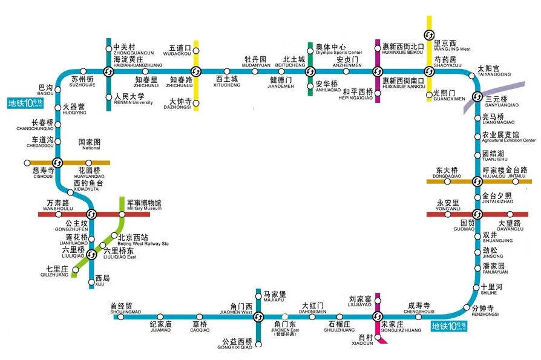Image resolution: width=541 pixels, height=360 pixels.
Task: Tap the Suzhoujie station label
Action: point(82,81)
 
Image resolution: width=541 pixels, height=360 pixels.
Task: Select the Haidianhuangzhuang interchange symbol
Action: point(108,71)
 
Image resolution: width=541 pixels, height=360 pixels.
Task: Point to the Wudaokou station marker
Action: point(195,50)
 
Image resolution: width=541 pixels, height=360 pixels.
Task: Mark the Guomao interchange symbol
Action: point(477,214)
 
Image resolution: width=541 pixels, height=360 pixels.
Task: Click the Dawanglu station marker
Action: point(510,214)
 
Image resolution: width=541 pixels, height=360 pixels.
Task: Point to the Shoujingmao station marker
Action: point(120,316)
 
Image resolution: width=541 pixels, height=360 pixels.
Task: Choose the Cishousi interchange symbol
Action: point(57,163)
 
